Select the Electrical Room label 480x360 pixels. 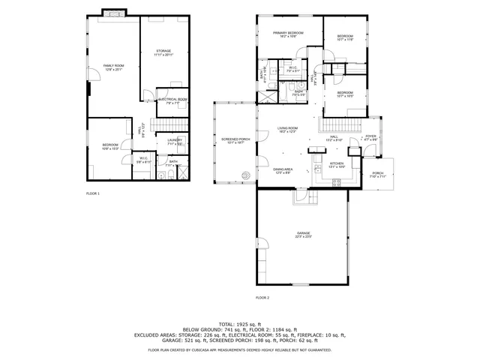172,100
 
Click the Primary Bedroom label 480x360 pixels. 288,33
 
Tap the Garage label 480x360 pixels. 302,234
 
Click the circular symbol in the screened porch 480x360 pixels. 244,177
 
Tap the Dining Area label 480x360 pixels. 283,170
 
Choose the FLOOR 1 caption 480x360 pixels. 93,193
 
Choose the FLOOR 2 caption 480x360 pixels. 262,298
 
